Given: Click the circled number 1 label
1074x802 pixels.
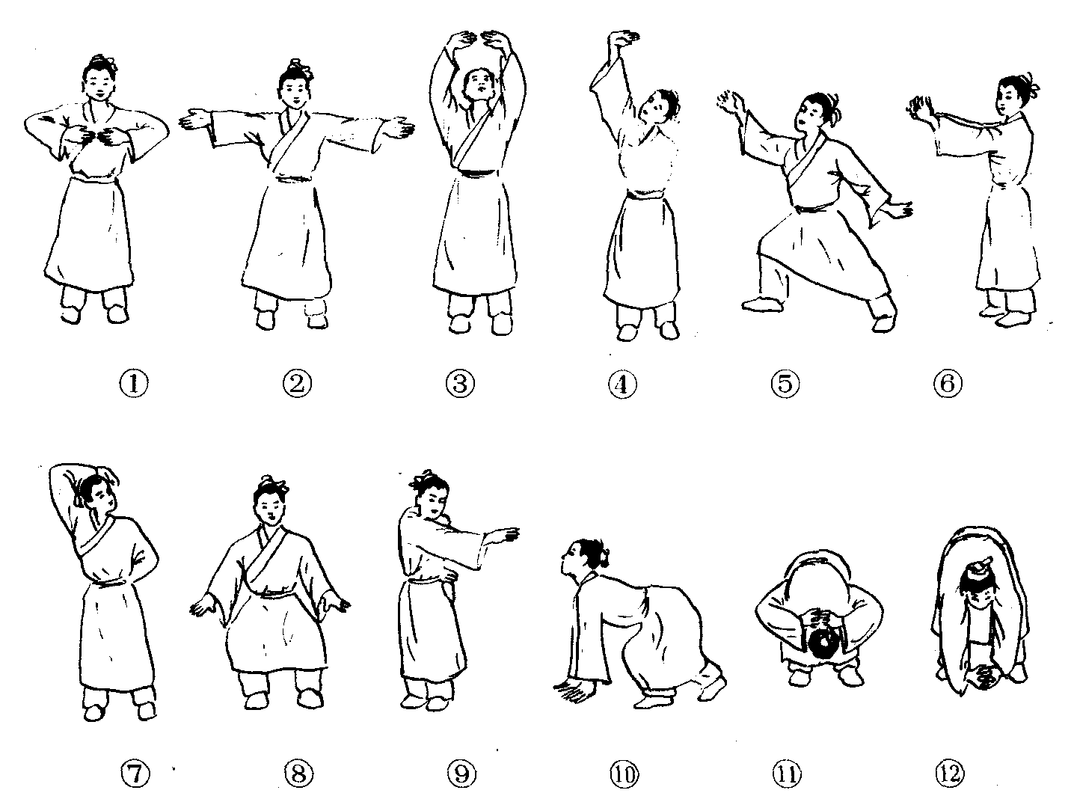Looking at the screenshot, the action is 134,384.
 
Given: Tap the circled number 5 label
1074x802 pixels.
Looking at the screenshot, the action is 785,384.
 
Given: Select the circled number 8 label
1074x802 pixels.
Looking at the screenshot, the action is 298,774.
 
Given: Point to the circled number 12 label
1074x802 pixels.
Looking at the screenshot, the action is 949,774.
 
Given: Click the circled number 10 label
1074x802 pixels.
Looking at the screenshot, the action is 624,774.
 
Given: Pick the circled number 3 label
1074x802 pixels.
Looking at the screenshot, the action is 460,384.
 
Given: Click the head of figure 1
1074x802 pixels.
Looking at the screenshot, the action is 99,81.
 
